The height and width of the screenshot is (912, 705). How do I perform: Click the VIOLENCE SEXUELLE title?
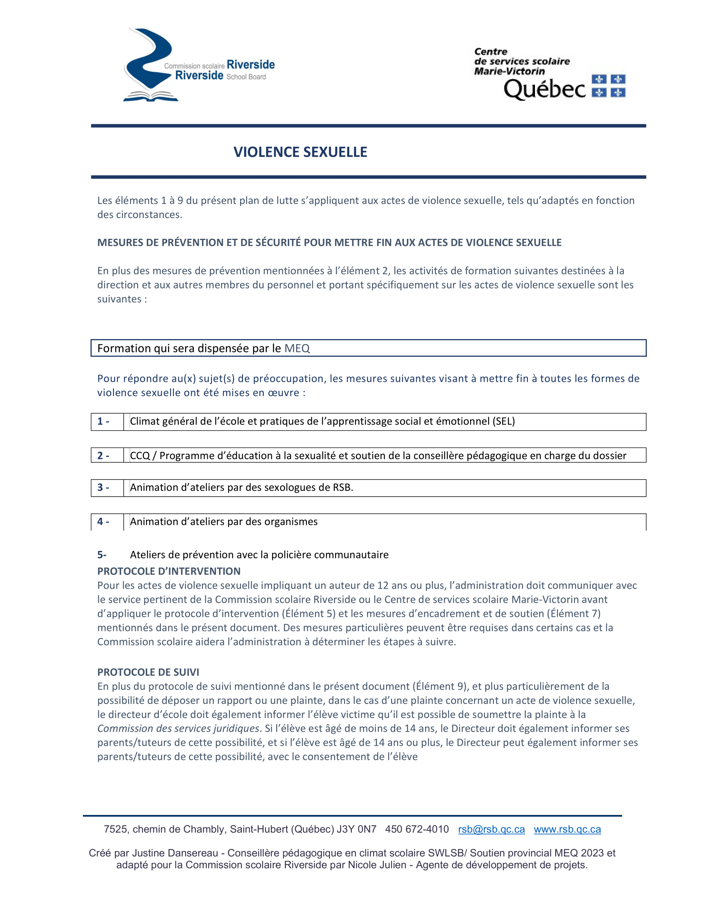point(300,152)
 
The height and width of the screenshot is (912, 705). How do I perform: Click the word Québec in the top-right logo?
point(545,89)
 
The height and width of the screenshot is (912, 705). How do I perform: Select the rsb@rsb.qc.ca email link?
point(491,830)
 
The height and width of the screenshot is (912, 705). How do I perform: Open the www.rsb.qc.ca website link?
point(567,830)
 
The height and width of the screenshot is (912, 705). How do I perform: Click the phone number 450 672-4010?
point(417,830)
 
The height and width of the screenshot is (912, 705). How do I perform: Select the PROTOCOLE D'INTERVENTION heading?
point(169,571)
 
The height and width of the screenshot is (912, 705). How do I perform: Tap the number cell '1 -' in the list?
point(104,421)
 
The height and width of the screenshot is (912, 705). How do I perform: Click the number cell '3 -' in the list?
point(104,488)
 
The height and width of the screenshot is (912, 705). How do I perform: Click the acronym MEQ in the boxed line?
point(297,348)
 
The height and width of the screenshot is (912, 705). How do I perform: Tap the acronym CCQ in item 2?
point(140,456)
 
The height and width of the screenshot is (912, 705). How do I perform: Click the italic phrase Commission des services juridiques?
point(178,729)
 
